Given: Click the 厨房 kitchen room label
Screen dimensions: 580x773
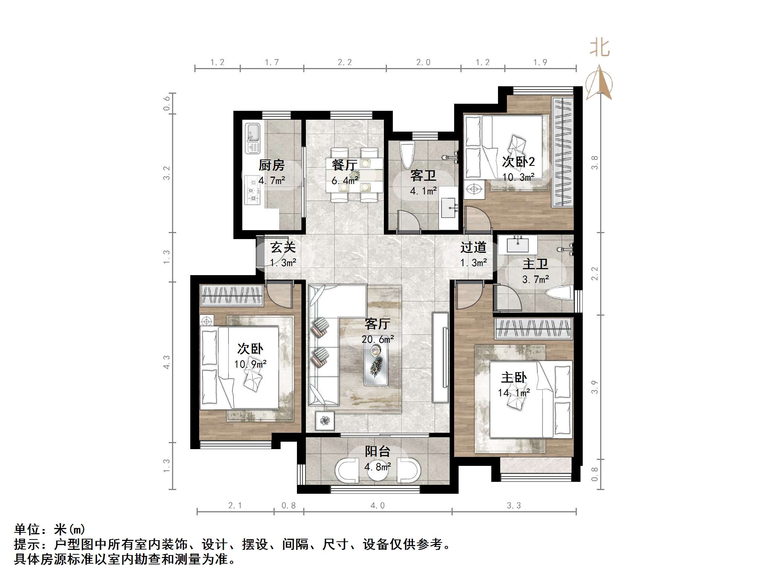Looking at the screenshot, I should [x=271, y=165].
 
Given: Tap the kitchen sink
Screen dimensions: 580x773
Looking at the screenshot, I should [x=253, y=138].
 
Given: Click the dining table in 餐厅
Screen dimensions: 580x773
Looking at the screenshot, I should [x=354, y=175].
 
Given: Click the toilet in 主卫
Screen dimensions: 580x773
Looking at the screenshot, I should [x=560, y=293].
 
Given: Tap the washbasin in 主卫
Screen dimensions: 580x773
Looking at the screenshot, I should [x=518, y=245].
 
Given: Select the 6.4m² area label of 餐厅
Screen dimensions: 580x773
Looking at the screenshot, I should [x=345, y=181].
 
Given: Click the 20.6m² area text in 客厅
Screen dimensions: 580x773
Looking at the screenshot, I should [x=378, y=339].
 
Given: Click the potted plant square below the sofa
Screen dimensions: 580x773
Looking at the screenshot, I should [x=325, y=420].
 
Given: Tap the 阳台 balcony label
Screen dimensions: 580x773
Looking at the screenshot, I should [x=377, y=451].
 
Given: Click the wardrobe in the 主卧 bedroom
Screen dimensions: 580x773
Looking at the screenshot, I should [x=533, y=329].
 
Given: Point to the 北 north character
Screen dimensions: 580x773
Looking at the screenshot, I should [x=599, y=48].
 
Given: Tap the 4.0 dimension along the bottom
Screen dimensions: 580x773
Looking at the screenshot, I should [x=377, y=506].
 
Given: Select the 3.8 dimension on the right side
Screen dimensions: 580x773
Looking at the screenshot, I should [x=595, y=162].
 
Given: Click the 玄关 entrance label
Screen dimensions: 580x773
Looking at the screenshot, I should [x=283, y=247].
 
